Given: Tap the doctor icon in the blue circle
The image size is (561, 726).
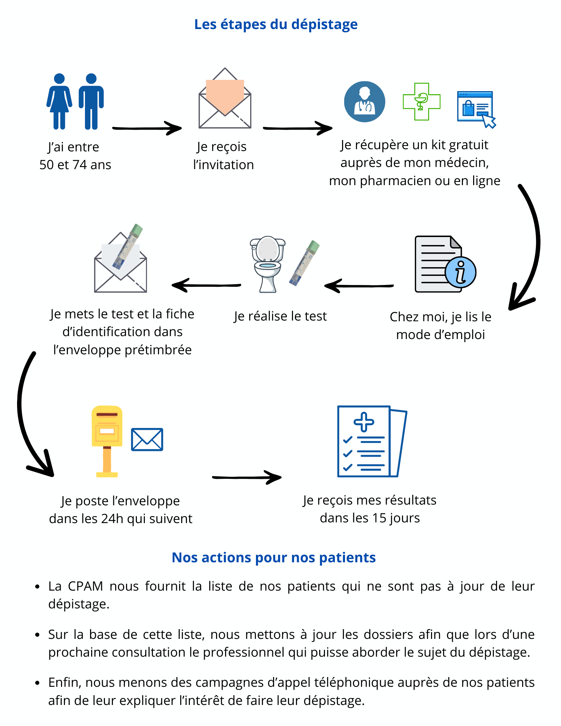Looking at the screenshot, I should click(365, 102).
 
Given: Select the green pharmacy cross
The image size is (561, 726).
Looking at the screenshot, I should click(422, 102).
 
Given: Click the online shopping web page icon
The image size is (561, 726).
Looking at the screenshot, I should click(475, 108).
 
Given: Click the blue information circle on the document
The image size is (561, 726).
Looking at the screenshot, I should click(460, 272).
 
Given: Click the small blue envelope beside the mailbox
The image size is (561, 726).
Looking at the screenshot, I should click(147, 440).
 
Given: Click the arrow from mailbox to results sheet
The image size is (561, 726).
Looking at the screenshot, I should click(247, 477).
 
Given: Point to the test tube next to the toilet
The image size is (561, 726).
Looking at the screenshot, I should click(304, 263).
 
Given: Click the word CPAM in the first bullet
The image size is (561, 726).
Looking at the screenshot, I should click(85, 586).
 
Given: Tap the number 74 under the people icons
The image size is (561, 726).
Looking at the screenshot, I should click(80, 165).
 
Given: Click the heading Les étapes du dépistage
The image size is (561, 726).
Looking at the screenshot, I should click(276, 24).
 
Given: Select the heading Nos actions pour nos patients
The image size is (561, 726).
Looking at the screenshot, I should click(273, 558).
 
